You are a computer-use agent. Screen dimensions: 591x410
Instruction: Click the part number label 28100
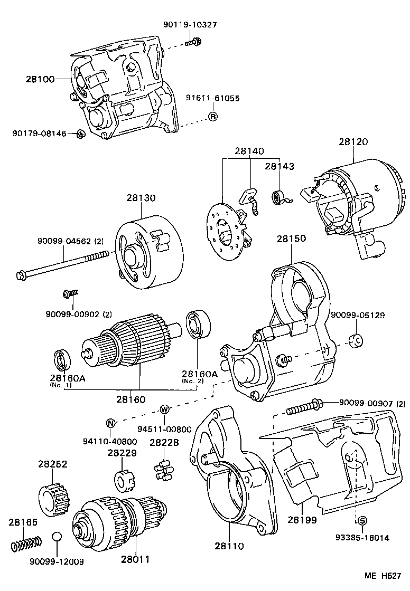point(40,79)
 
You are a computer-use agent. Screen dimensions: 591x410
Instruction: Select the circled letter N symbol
point(111,422)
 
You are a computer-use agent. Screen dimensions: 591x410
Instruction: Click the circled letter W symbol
point(164,410)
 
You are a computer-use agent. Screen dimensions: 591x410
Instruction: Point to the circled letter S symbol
point(362,521)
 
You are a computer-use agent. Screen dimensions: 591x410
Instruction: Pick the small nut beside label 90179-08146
point(80,134)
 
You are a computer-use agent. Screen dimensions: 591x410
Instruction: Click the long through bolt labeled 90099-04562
point(63,265)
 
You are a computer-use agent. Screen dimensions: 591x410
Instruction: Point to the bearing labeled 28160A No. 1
point(63,361)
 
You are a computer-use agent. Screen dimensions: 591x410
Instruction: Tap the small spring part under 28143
point(279,198)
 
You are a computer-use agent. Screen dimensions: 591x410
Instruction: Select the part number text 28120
point(353,142)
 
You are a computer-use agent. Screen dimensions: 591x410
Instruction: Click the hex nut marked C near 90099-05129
point(357,340)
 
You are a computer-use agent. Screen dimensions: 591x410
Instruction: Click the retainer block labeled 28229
point(123,480)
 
